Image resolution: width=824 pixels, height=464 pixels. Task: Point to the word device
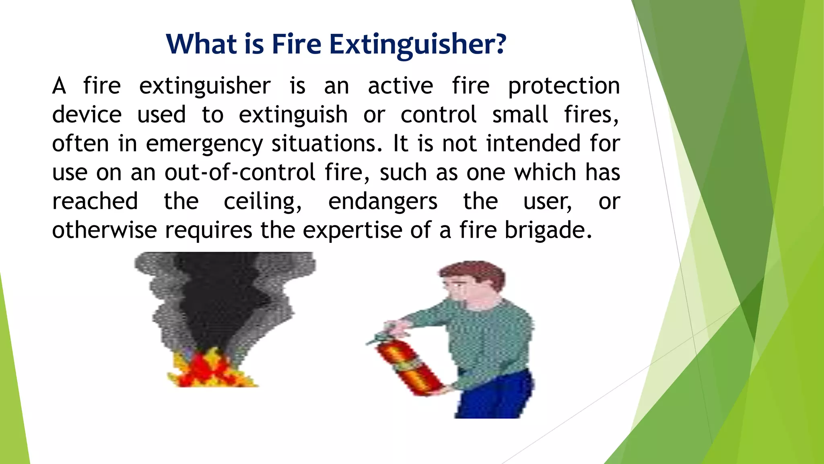click(x=87, y=115)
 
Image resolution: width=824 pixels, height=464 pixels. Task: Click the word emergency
click(x=204, y=144)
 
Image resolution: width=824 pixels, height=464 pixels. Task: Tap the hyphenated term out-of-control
click(x=240, y=173)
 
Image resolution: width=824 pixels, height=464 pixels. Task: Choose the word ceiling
click(x=262, y=202)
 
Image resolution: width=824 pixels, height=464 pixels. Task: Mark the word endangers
click(x=383, y=202)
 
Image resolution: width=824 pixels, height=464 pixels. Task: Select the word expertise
click(x=352, y=231)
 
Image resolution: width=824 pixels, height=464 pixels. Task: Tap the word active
click(x=400, y=86)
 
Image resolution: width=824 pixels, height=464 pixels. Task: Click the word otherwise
click(x=104, y=230)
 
